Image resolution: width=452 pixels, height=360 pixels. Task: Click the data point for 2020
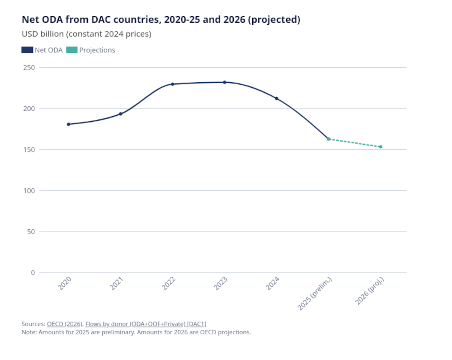click(69, 124)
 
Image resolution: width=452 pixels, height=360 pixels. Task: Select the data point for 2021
click(121, 114)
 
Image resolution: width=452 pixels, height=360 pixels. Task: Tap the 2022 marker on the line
click(173, 84)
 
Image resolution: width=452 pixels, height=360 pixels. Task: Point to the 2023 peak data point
click(224, 82)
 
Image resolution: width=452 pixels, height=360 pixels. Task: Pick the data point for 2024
click(277, 98)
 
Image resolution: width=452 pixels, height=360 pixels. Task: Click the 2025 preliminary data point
click(329, 139)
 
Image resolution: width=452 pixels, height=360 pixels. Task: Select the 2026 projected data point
click(381, 147)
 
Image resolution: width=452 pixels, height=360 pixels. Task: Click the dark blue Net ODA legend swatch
click(27, 50)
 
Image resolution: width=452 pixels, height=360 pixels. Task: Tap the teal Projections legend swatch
click(71, 50)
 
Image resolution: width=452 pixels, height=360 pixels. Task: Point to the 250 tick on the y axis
click(29, 67)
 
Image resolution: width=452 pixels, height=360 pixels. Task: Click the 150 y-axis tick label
click(29, 150)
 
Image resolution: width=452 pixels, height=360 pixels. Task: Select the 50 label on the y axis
click(31, 232)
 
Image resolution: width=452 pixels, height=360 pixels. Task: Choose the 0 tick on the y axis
click(33, 273)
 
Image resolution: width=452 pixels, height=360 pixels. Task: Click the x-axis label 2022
click(169, 284)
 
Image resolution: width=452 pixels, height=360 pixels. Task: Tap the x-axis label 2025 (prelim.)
click(315, 294)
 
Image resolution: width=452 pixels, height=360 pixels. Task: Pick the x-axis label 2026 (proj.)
click(370, 291)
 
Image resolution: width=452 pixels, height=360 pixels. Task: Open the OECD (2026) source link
click(65, 324)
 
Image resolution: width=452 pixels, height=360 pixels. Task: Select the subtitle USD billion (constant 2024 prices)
click(86, 34)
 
